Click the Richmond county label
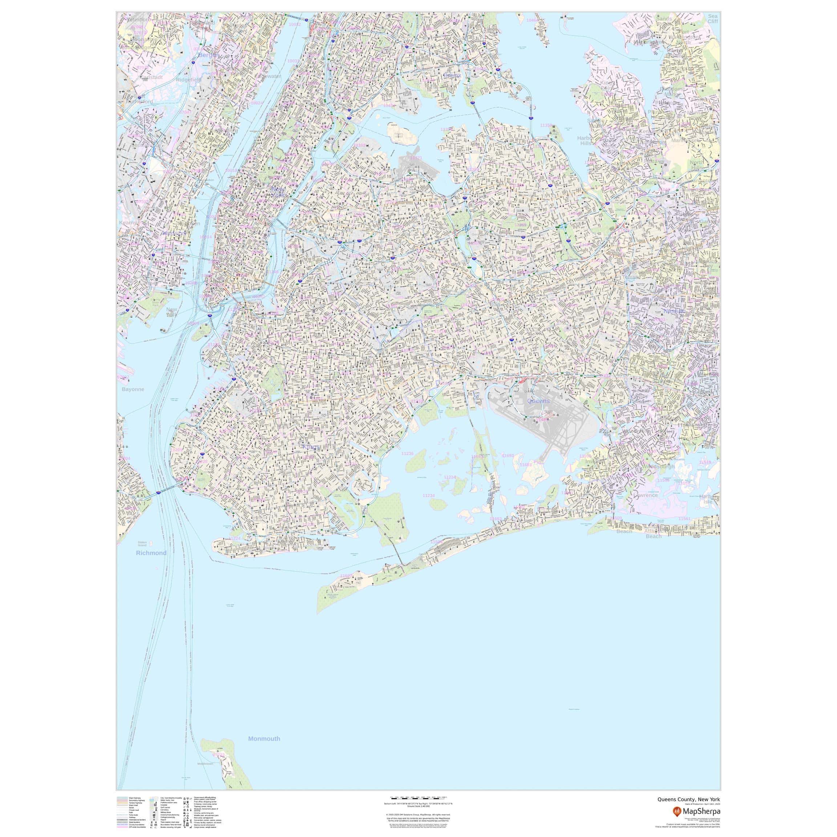click(x=151, y=553)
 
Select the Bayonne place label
click(x=133, y=389)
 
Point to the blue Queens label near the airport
click(x=538, y=401)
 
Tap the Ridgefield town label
click(x=189, y=80)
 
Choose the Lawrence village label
click(x=645, y=495)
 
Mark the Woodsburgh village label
click(x=659, y=466)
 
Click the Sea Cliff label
click(x=713, y=18)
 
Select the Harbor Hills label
click(x=586, y=140)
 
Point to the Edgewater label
click(x=268, y=76)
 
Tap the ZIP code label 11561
click(x=684, y=518)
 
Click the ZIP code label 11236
click(x=407, y=453)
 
